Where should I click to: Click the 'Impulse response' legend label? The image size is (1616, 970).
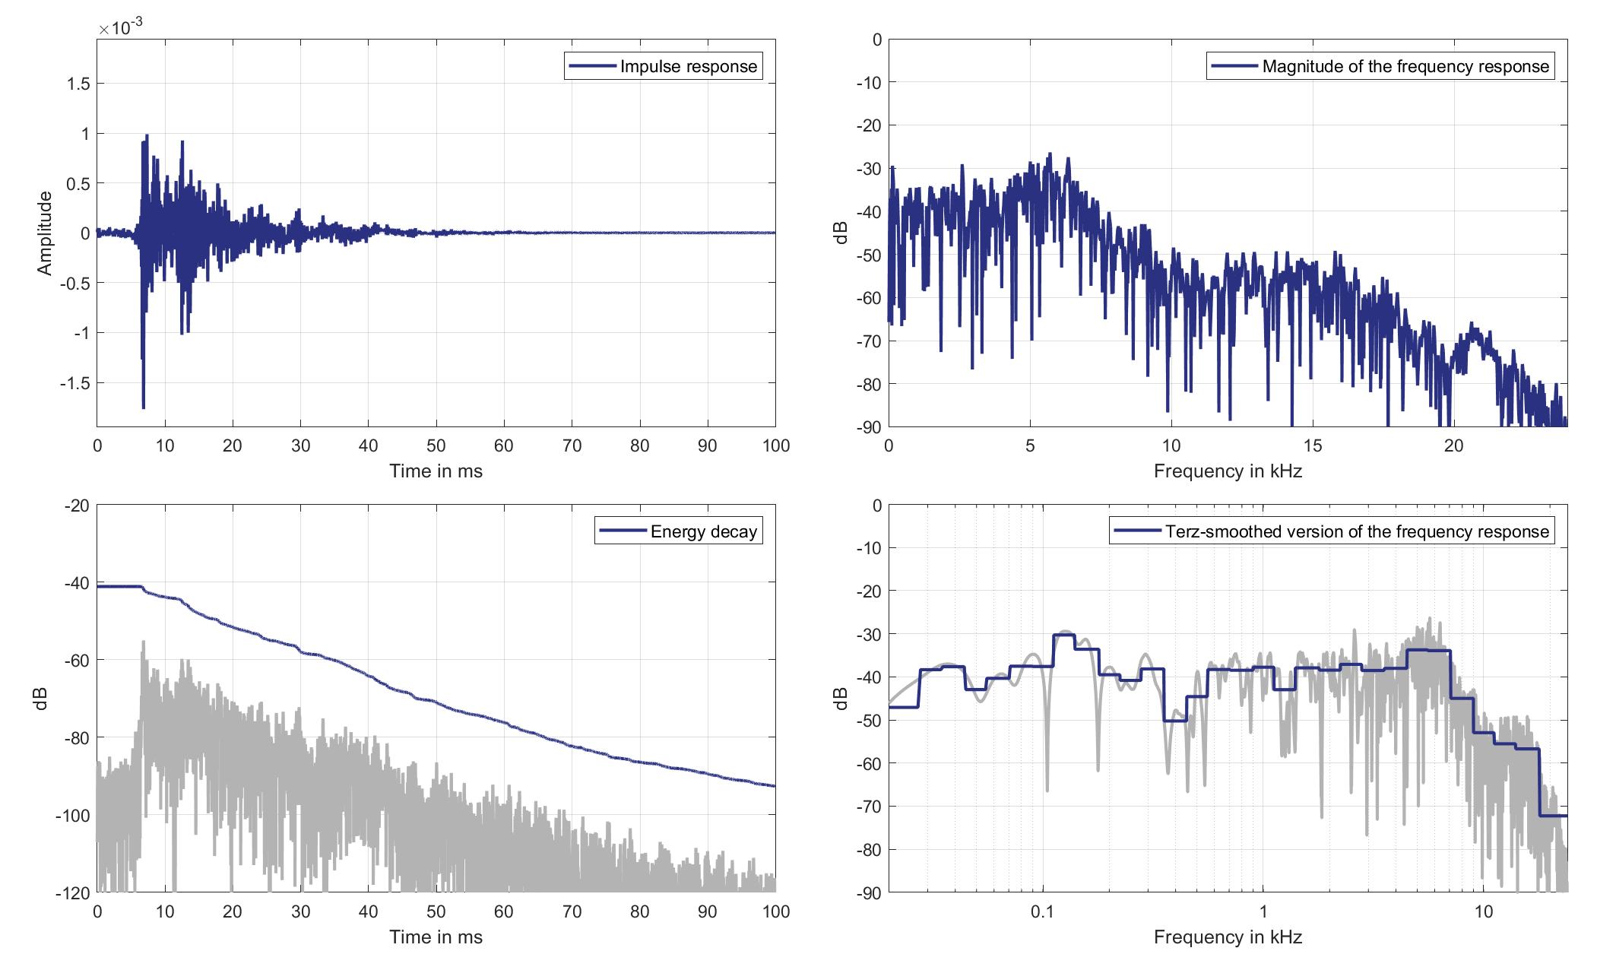point(688,67)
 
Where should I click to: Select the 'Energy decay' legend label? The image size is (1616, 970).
point(703,531)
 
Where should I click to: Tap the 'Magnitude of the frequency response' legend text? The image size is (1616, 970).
point(1405,67)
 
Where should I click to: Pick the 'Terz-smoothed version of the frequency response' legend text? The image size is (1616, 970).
point(1357,531)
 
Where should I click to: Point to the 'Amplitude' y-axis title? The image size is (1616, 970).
point(44,233)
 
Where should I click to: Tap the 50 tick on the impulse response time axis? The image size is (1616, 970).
point(436,446)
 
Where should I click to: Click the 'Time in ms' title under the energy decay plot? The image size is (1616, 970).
point(436,937)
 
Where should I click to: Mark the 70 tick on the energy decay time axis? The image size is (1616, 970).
point(572,912)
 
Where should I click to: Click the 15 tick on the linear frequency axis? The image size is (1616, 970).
point(1313,446)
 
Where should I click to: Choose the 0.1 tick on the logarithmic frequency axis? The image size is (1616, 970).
point(1042,912)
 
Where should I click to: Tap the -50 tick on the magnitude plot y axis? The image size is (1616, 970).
point(867,255)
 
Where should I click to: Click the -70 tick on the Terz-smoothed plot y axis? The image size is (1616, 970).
point(867,807)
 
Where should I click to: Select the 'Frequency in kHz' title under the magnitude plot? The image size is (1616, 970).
point(1228,471)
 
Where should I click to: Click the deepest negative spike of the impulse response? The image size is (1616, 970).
point(144,407)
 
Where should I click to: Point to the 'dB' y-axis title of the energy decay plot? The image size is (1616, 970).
point(43,699)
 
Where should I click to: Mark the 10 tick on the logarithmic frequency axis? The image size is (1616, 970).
point(1484,912)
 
